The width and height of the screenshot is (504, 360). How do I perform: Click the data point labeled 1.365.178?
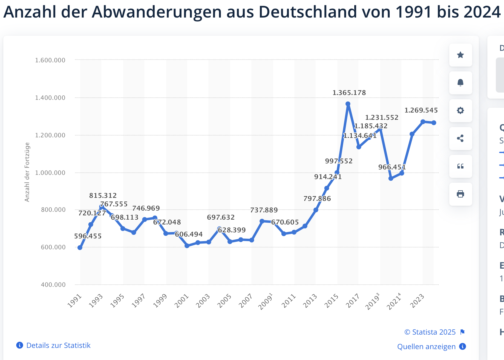tap(348, 104)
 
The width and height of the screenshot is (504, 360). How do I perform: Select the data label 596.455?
tap(88, 236)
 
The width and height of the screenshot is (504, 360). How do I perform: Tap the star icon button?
tap(460, 55)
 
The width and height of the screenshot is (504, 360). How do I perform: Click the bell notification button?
tap(460, 83)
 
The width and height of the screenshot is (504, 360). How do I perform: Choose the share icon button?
tap(460, 139)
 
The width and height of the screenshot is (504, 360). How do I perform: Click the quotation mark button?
tap(460, 166)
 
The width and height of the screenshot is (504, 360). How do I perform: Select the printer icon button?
tap(460, 194)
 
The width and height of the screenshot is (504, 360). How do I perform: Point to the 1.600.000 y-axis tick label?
tap(50, 60)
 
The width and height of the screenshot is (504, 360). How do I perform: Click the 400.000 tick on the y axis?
tap(53, 285)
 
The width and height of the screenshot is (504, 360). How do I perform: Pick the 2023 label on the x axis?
tap(417, 301)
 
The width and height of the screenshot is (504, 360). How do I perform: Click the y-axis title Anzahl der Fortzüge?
tap(27, 172)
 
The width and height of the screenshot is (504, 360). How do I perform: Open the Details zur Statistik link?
tap(58, 345)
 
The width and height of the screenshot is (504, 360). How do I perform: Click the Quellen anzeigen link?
tap(426, 347)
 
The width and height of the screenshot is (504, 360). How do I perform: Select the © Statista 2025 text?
tap(430, 332)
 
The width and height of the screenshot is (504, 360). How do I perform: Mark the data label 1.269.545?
tap(421, 110)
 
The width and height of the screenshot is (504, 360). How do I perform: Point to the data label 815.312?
tap(103, 195)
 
